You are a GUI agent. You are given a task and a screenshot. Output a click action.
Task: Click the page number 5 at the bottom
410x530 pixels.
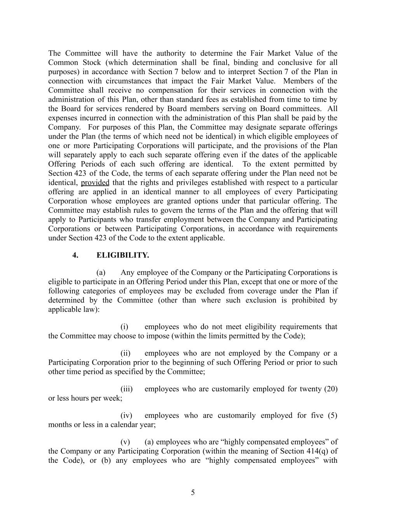pyautogui.click(x=193, y=493)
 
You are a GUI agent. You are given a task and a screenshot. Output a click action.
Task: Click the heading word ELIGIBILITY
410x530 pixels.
pyautogui.click(x=122, y=255)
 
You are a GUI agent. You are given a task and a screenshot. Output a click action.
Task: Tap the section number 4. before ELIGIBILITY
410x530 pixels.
pyautogui.click(x=75, y=255)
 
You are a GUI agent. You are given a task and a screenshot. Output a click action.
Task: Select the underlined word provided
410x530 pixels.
pyautogui.click(x=95, y=182)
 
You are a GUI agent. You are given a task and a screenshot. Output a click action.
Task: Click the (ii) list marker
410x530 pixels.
pyautogui.click(x=125, y=353)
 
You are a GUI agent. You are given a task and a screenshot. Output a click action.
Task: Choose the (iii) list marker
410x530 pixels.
pyautogui.click(x=126, y=389)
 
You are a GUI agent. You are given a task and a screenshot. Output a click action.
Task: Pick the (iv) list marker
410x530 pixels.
pyautogui.click(x=126, y=415)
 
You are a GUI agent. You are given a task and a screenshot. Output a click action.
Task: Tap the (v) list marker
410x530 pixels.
pyautogui.click(x=125, y=442)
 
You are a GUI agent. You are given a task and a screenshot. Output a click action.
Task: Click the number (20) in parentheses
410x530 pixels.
pyautogui.click(x=330, y=389)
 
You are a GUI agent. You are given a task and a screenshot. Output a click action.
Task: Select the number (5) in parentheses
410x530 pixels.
pyautogui.click(x=332, y=415)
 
